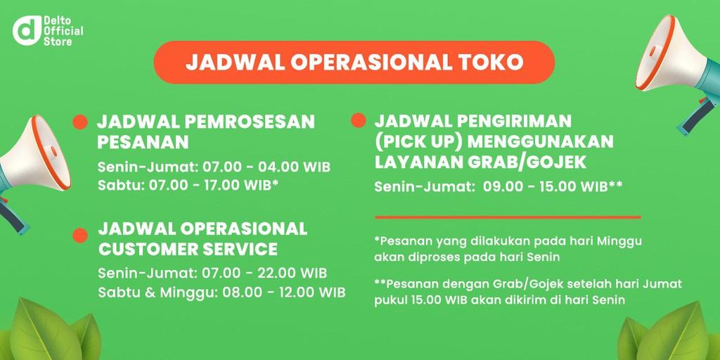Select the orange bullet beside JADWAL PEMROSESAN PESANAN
tap(80, 122)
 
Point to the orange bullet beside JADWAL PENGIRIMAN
tap(358, 120)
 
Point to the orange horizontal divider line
tap(507, 217)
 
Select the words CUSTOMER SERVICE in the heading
tap(188, 249)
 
